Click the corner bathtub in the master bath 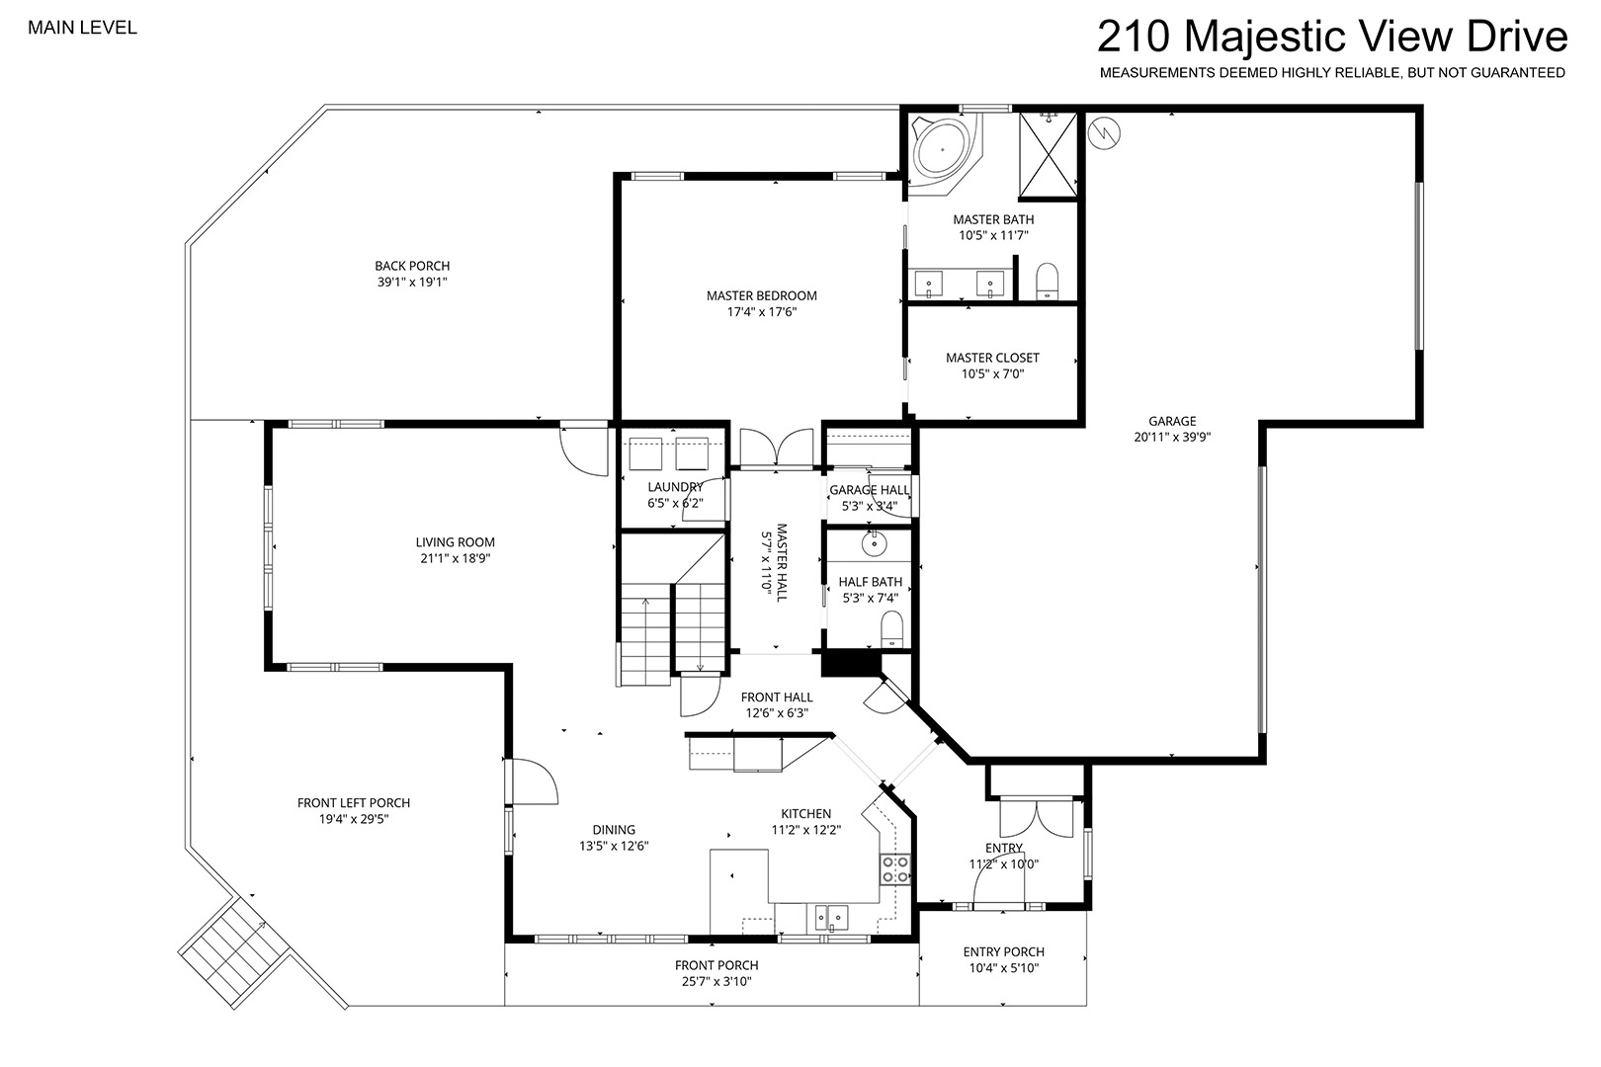(x=945, y=151)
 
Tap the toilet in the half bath (x=891, y=629)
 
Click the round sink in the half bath (x=874, y=543)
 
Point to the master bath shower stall (x=1048, y=154)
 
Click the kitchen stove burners (x=894, y=869)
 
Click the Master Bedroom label (x=761, y=295)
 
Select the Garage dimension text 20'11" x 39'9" (x=1172, y=438)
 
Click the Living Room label (x=456, y=542)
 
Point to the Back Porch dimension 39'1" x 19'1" (x=412, y=283)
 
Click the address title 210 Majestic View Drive (x=1332, y=37)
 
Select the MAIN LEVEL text (x=82, y=28)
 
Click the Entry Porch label (x=1003, y=952)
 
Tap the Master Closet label (x=993, y=358)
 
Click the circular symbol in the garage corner (x=1104, y=132)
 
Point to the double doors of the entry (x=1037, y=817)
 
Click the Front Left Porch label (x=354, y=803)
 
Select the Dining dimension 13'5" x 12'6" (x=614, y=846)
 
